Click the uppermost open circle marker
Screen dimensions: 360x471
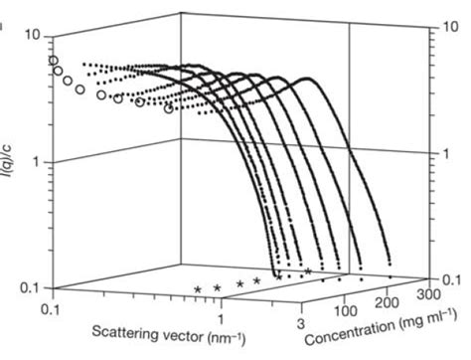(x=54, y=61)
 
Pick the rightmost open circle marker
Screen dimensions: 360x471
(x=169, y=107)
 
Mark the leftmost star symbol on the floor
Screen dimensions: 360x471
(x=198, y=289)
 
